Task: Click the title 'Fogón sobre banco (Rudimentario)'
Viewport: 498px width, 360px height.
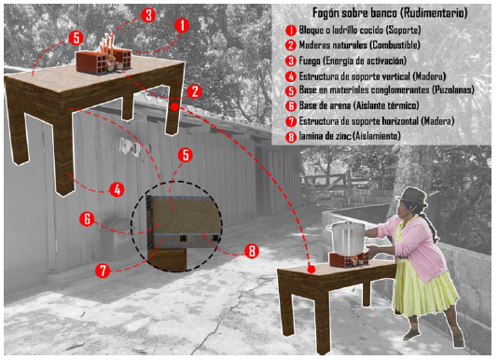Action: (x=390, y=13)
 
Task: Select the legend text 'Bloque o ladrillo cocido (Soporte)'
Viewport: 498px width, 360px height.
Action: (x=360, y=30)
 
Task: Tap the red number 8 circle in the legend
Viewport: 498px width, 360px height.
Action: (x=291, y=137)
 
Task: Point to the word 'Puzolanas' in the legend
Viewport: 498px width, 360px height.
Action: (x=452, y=90)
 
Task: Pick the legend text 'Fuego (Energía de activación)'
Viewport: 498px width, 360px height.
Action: (x=353, y=61)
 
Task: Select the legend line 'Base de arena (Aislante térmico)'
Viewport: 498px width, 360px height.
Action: (x=359, y=105)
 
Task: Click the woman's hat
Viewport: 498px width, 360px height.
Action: (x=412, y=196)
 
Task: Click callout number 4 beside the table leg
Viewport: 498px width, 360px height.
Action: (x=117, y=189)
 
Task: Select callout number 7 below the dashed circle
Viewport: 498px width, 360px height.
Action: (x=103, y=270)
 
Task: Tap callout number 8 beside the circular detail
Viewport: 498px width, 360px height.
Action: (x=252, y=251)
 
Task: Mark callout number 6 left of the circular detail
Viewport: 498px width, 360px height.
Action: (x=87, y=219)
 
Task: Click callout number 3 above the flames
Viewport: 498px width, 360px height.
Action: (x=148, y=15)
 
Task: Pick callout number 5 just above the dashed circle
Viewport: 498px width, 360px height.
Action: (x=186, y=155)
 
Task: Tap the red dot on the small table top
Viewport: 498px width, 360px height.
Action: (x=311, y=270)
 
